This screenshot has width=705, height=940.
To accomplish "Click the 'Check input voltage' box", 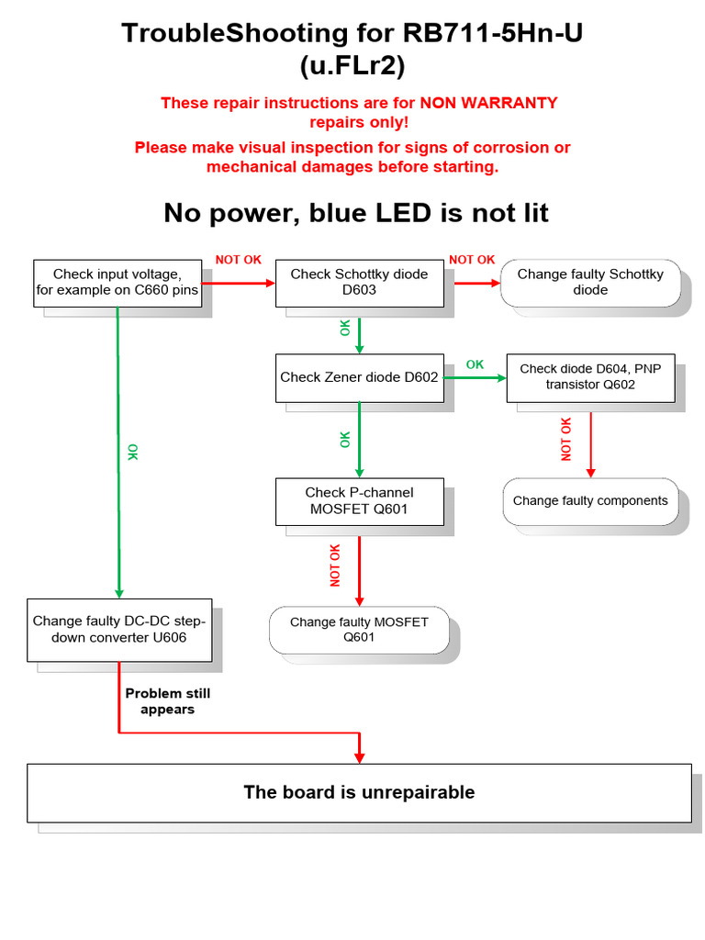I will [x=117, y=283].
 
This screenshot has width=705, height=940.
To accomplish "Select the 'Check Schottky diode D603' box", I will [x=359, y=282].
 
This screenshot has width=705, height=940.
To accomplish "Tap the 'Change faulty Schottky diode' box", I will [x=590, y=282].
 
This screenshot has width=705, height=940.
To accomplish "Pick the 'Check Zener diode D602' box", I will [x=359, y=377].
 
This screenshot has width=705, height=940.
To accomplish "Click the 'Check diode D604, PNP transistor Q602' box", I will [x=590, y=377].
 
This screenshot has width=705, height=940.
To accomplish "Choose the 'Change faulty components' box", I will [x=590, y=501].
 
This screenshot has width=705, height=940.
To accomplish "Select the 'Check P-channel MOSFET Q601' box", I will [x=359, y=500].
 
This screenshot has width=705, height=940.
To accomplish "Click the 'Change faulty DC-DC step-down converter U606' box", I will [x=119, y=630].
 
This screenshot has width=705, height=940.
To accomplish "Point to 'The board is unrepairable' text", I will [x=359, y=792].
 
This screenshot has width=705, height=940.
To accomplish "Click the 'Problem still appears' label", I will [x=168, y=701].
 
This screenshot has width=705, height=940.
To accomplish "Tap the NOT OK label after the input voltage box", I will [x=239, y=260].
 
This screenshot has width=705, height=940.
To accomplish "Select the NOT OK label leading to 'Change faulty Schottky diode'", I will [x=472, y=260].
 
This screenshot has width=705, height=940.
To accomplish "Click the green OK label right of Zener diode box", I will [x=475, y=364].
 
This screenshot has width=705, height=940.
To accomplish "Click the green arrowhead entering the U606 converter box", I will [x=118, y=593].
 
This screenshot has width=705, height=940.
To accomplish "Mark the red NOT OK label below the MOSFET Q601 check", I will [x=335, y=565].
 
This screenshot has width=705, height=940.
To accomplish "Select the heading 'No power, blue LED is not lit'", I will [x=356, y=213].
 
